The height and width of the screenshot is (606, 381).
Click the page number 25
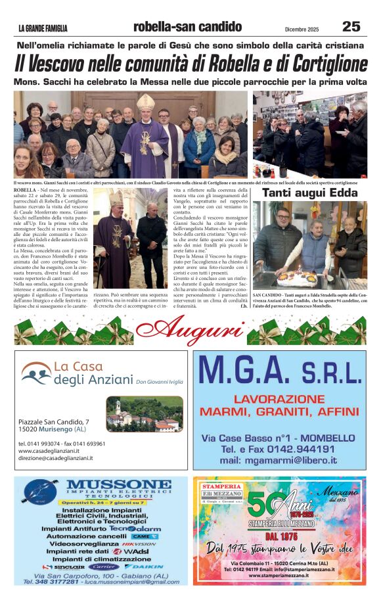(x=351, y=26)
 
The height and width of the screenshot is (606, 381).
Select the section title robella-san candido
(x=187, y=27)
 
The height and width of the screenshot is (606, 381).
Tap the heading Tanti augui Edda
(x=309, y=193)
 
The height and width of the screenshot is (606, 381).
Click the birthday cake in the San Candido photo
(x=297, y=278)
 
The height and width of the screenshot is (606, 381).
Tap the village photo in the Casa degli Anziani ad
(x=144, y=414)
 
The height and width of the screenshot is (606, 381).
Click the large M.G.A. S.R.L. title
(x=279, y=373)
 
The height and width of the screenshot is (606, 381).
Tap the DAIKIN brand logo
(x=144, y=566)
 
